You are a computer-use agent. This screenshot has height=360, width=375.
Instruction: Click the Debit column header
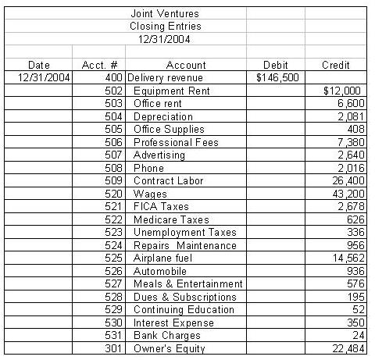(275, 65)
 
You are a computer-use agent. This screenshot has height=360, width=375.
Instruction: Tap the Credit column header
(336, 65)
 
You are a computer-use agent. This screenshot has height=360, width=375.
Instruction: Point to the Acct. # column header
(99, 65)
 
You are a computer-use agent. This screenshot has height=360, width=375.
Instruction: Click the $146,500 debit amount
(277, 78)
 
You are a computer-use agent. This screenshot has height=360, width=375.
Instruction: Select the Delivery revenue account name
(165, 78)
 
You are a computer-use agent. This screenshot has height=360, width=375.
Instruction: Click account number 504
(113, 117)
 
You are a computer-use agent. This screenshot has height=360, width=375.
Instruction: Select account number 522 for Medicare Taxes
(113, 220)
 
